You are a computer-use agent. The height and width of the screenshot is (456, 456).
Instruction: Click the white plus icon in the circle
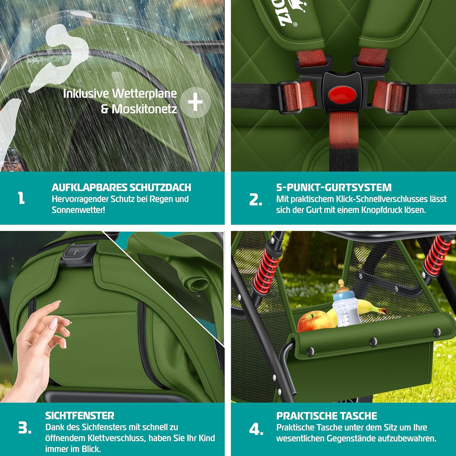click(x=195, y=102)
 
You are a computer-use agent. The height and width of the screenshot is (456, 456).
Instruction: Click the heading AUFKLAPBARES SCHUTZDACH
click(x=121, y=187)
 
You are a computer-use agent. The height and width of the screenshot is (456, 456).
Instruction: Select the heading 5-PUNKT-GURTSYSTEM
click(x=334, y=187)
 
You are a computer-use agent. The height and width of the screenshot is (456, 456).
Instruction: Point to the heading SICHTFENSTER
click(x=80, y=416)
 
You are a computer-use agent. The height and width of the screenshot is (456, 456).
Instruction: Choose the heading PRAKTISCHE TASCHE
click(x=327, y=416)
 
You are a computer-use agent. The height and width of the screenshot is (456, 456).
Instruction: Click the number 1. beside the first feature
click(x=21, y=198)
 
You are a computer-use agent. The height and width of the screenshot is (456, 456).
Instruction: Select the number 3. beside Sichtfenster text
click(x=24, y=428)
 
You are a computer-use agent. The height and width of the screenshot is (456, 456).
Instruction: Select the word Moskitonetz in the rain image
click(x=138, y=109)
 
